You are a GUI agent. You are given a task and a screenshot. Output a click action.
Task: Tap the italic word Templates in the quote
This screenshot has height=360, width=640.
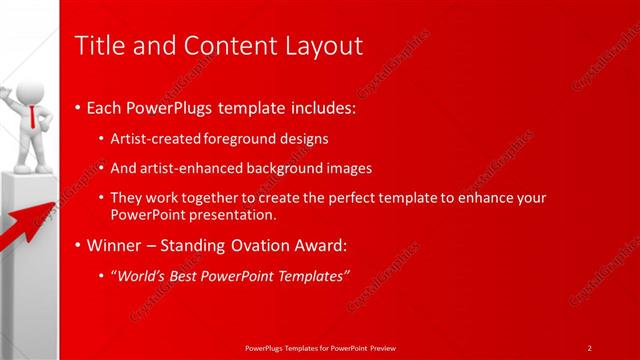(311, 275)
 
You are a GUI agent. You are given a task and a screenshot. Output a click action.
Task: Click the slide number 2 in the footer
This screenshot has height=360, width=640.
(589, 347)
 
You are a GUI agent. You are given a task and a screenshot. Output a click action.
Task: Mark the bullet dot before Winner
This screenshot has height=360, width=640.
(79, 246)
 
